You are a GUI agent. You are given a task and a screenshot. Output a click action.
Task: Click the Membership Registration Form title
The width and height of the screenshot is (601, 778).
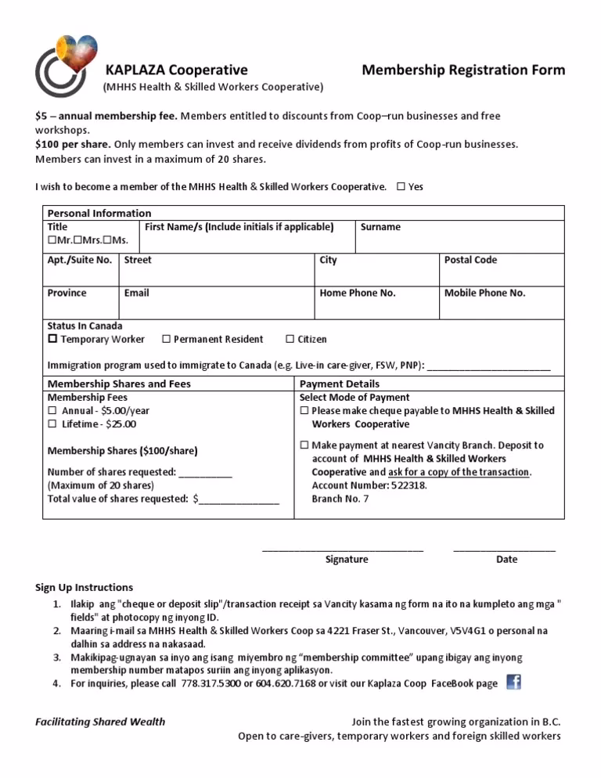pyautogui.click(x=462, y=70)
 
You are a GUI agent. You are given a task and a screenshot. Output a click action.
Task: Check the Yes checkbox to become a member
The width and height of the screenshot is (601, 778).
pyautogui.click(x=401, y=187)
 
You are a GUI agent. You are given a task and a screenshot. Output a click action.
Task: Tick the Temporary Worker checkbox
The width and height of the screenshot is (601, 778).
pyautogui.click(x=53, y=340)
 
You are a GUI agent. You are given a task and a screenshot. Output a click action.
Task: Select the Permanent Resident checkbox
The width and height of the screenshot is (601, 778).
pyautogui.click(x=166, y=340)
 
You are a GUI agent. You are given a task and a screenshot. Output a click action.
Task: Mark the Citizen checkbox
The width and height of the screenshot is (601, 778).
pyautogui.click(x=290, y=340)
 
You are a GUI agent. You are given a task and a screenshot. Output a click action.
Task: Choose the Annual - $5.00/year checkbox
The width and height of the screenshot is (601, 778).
pyautogui.click(x=53, y=411)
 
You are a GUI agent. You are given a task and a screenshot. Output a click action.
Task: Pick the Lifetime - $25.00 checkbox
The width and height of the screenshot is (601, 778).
pyautogui.click(x=53, y=424)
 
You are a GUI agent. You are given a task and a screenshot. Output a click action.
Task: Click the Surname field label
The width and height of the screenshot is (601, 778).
pyautogui.click(x=380, y=227)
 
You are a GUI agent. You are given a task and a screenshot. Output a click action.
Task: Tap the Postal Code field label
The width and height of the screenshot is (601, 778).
pyautogui.click(x=470, y=260)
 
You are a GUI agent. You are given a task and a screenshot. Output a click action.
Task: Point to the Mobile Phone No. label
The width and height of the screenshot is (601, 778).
pyautogui.click(x=484, y=293)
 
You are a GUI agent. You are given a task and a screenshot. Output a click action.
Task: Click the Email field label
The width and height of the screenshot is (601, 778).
pyautogui.click(x=136, y=293)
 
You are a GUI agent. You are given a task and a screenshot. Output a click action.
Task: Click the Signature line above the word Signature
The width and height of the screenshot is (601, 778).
pyautogui.click(x=343, y=549)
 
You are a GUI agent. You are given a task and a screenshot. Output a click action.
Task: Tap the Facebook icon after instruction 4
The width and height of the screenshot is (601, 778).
pyautogui.click(x=513, y=682)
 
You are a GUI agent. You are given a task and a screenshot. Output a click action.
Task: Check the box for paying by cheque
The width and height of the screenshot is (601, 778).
pyautogui.click(x=304, y=411)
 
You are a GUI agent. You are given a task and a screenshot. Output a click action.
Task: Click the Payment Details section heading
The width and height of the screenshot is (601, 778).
pyautogui.click(x=340, y=384)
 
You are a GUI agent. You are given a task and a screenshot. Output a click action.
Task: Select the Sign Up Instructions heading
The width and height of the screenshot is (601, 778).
pyautogui.click(x=85, y=587)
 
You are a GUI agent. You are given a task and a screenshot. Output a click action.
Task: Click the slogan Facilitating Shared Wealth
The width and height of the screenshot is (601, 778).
pyautogui.click(x=100, y=722)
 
